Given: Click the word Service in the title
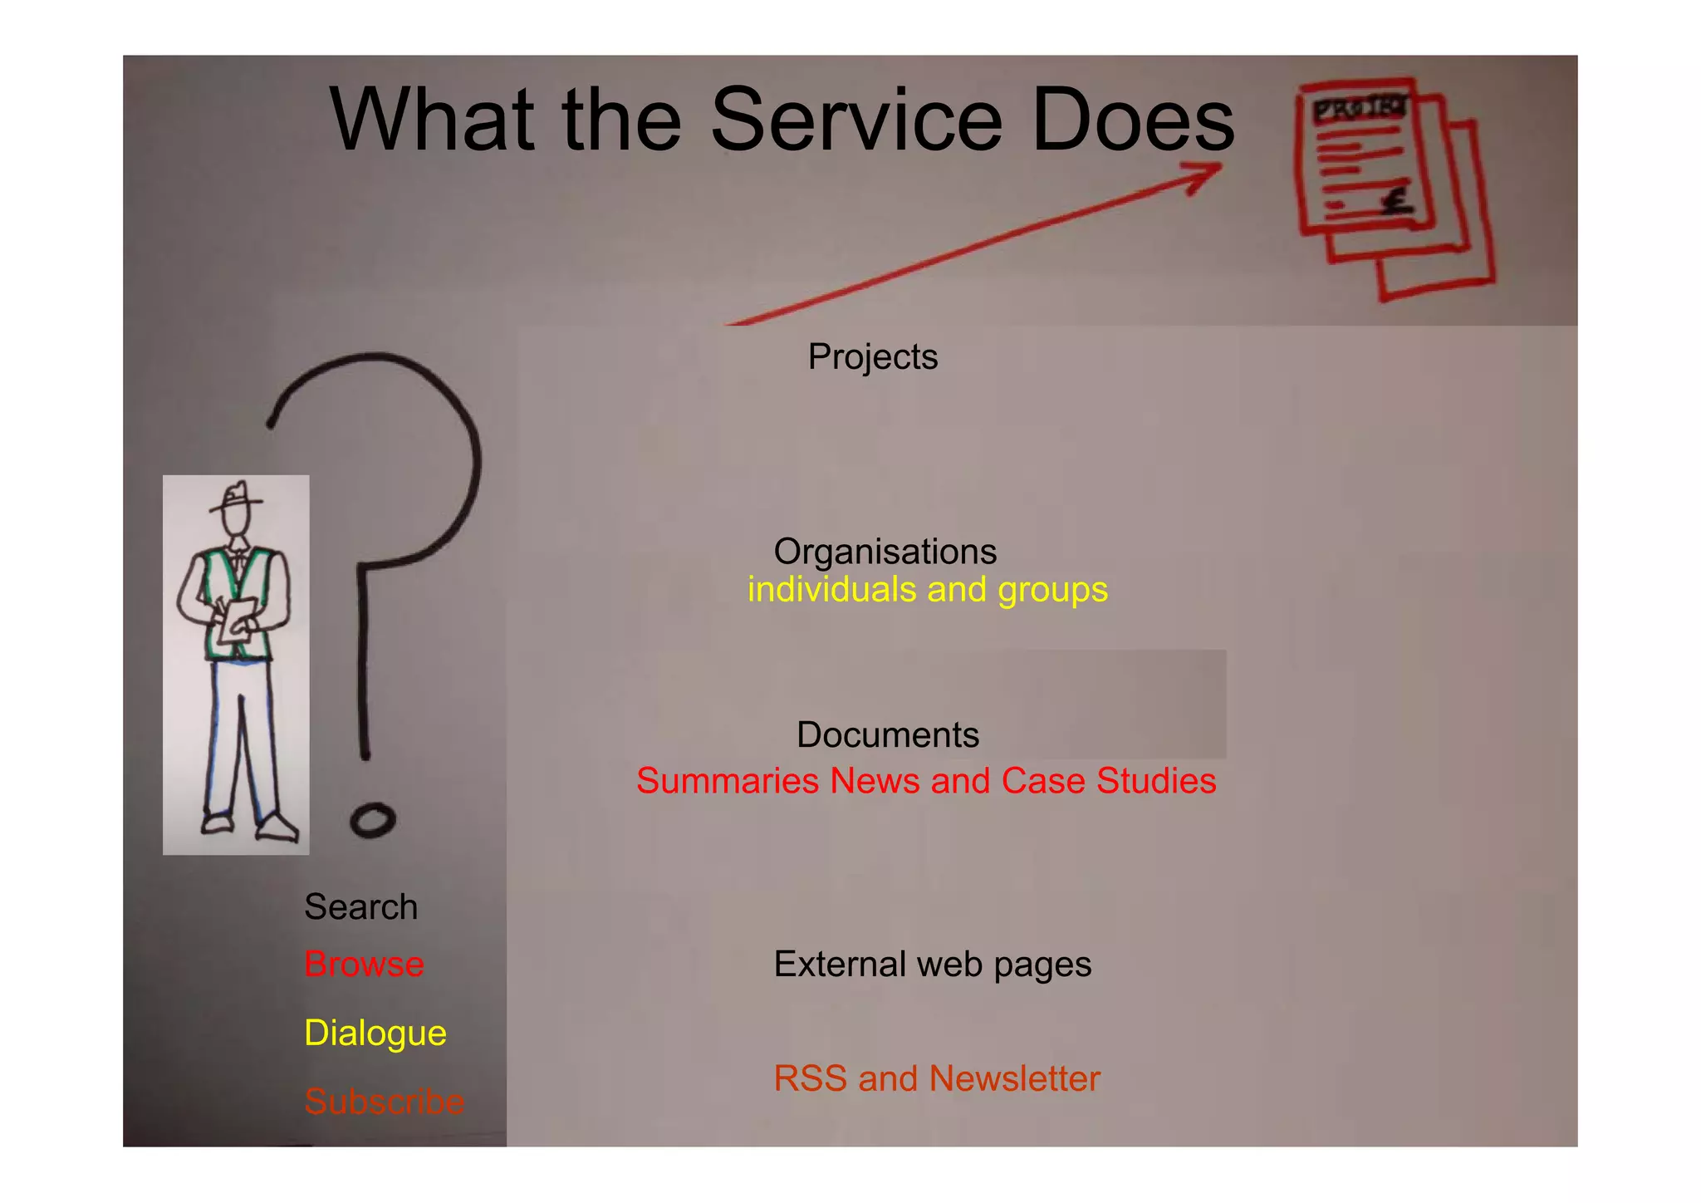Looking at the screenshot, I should click(x=856, y=120).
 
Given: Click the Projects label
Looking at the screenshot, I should click(x=872, y=357).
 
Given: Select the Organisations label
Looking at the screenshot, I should click(x=885, y=552).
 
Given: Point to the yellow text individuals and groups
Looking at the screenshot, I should click(x=927, y=590).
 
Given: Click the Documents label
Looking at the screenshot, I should click(x=887, y=735).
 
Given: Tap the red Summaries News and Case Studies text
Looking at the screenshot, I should click(x=925, y=781).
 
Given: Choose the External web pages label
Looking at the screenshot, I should click(x=932, y=965).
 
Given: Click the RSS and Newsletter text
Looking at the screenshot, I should click(x=936, y=1078).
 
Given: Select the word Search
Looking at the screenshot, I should click(x=360, y=907).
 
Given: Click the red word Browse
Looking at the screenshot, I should click(x=364, y=965).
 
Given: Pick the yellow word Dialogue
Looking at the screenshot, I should click(x=375, y=1034).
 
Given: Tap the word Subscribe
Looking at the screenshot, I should click(x=384, y=1102).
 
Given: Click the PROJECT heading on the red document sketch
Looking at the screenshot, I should click(x=1359, y=109).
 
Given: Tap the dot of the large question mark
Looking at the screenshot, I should click(x=372, y=821).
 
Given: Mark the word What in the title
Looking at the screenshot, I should click(x=431, y=120).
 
